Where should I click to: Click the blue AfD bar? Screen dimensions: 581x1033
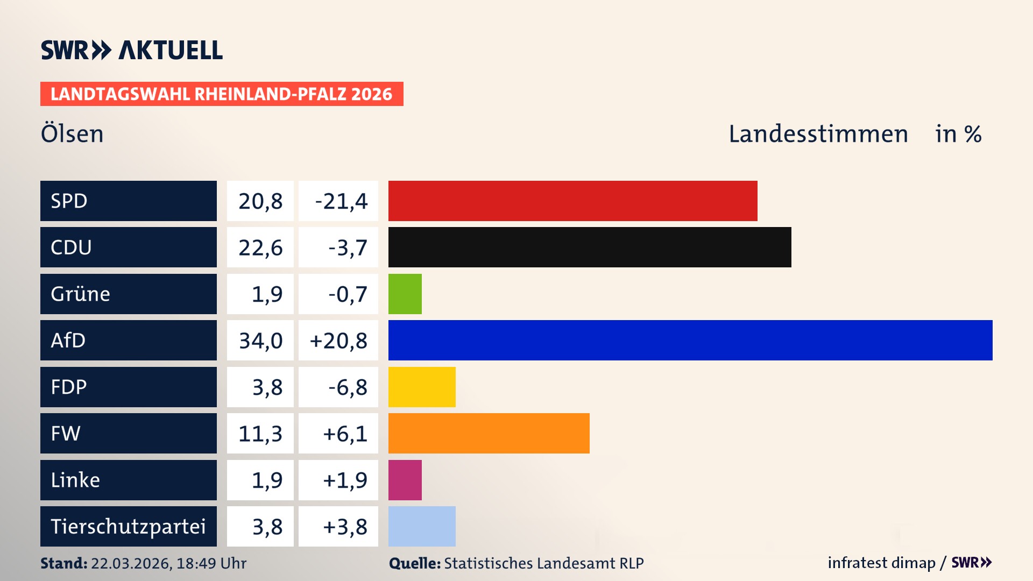[690, 340]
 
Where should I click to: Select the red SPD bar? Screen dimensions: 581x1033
[572, 201]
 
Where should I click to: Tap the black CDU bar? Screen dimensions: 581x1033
[590, 247]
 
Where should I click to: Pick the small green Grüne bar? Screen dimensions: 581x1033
[405, 294]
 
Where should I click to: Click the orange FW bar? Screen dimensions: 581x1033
[489, 433]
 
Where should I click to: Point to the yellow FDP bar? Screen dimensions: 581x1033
[422, 387]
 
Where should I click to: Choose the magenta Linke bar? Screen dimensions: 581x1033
[405, 480]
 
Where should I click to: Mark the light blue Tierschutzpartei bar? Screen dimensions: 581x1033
[422, 526]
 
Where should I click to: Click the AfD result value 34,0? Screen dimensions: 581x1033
[260, 341]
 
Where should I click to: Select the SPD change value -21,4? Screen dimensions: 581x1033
[341, 201]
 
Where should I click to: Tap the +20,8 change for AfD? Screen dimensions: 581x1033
[338, 341]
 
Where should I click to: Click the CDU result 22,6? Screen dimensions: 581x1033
[260, 247]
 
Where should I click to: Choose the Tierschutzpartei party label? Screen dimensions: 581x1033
[128, 526]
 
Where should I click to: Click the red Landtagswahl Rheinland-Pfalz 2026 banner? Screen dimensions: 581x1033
[221, 94]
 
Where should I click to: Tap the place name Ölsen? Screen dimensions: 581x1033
[72, 133]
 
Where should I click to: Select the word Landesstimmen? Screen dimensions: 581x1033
[818, 133]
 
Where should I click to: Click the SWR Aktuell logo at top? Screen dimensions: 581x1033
[132, 50]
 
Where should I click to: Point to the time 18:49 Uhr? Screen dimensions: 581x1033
[211, 563]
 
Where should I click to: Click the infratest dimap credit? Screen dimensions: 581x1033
[881, 563]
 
